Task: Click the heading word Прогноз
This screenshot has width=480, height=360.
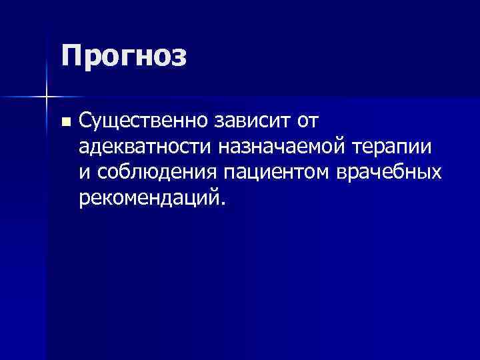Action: [x=124, y=56]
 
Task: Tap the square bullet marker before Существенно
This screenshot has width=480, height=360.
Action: [x=65, y=122]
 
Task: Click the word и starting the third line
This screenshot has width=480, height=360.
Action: [x=83, y=173]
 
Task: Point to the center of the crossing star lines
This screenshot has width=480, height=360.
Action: [x=46, y=97]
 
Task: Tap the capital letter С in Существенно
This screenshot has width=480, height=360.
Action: [x=85, y=121]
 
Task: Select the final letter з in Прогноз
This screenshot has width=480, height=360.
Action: [x=179, y=57]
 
